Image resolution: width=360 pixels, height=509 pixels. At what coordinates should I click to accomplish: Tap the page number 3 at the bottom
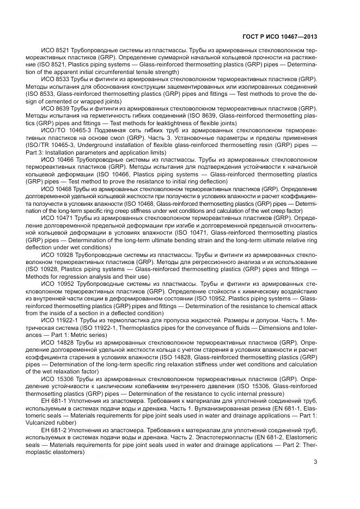(x=315, y=463)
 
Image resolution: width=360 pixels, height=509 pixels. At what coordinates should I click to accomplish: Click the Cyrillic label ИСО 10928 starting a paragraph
(x=57, y=254)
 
